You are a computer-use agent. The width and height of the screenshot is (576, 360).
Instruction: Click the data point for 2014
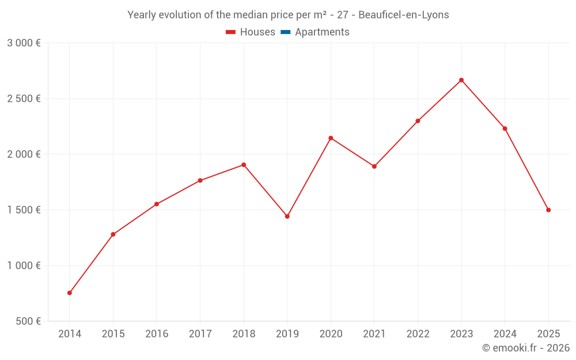coord(70,293)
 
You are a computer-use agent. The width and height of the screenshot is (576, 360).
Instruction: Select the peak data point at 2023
coord(461,80)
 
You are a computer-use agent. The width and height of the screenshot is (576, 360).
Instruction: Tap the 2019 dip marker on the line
coord(287,217)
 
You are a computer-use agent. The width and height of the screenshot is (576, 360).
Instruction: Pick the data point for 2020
coord(331,138)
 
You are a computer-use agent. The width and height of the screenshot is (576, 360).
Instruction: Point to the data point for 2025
coord(548,210)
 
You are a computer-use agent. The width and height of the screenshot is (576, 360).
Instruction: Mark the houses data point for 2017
coord(200,181)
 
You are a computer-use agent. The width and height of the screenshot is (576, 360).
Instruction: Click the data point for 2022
coord(418,121)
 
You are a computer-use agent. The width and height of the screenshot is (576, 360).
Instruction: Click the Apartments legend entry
coord(322,32)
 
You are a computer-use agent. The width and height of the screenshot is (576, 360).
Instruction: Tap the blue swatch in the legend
coord(285,32)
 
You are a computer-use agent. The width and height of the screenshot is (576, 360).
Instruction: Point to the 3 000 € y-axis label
coord(24,43)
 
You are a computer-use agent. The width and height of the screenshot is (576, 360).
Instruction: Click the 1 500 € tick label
coord(24,210)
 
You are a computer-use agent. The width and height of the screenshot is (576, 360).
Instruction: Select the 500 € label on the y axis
coord(27,321)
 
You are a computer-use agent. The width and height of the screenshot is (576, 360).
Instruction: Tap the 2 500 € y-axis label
coord(24,98)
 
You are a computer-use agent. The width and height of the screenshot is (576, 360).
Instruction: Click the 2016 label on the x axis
coord(157,334)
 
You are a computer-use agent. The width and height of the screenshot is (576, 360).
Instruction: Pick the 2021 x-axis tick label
coord(374,334)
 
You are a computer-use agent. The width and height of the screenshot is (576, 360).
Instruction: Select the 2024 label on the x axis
coord(505,334)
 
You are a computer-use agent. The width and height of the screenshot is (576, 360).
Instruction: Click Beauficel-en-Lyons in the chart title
coord(403,15)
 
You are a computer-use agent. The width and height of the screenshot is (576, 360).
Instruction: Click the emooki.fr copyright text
coord(526,348)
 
